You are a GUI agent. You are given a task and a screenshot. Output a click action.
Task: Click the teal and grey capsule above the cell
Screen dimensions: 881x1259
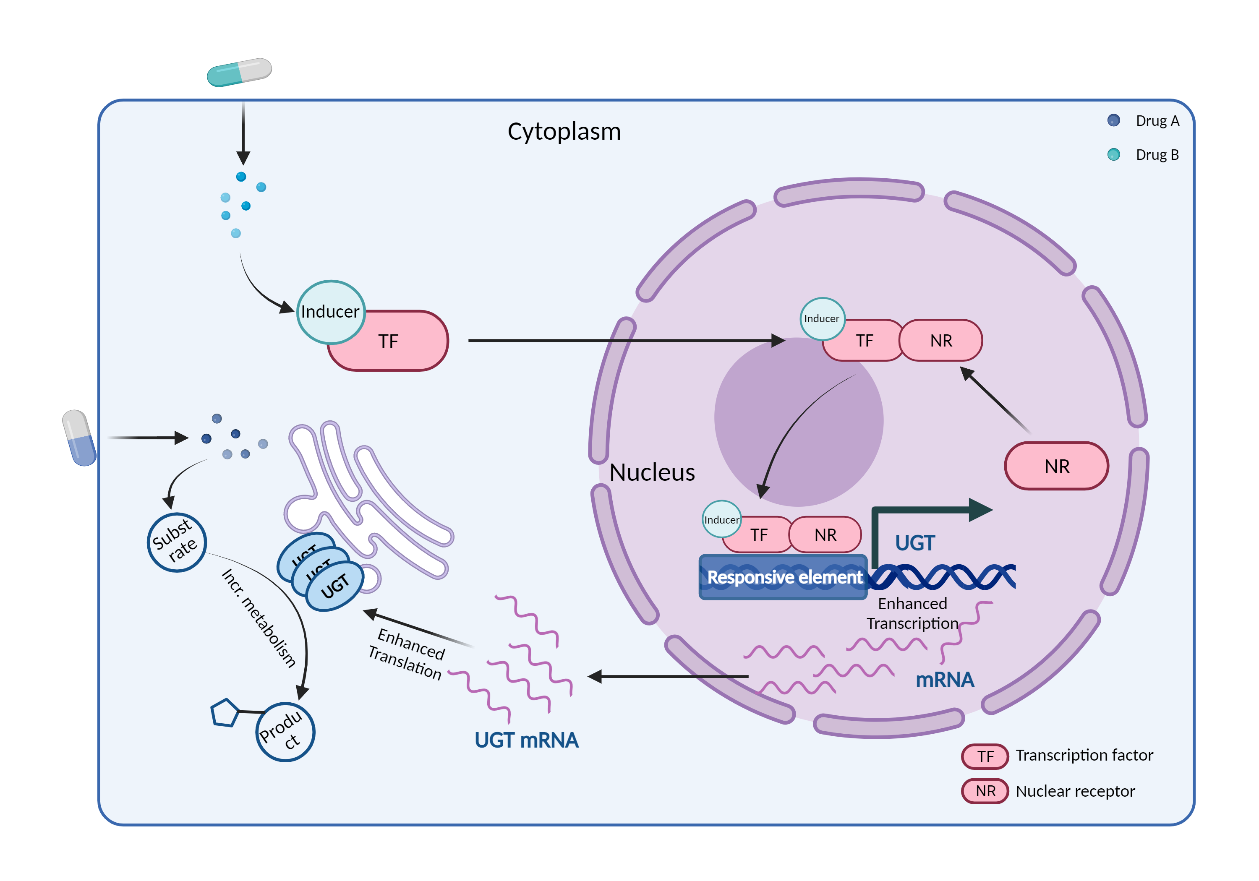tap(239, 72)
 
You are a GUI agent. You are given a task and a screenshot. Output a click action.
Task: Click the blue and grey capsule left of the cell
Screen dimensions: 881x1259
tap(79, 438)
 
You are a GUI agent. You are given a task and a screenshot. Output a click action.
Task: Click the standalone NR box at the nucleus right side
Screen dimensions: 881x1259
tap(1056, 466)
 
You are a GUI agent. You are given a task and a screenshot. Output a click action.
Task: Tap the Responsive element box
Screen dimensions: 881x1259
tap(783, 577)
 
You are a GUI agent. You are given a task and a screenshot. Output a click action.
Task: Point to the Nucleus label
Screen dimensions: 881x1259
tap(652, 472)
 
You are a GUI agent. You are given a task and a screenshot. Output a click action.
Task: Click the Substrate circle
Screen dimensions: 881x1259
tap(177, 542)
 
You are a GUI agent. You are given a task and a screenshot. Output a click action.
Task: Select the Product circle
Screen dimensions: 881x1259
tap(285, 732)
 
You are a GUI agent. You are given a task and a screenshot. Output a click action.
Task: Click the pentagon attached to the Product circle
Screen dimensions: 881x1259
tap(225, 713)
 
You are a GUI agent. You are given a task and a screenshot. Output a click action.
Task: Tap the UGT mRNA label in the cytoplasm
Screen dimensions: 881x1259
tap(526, 740)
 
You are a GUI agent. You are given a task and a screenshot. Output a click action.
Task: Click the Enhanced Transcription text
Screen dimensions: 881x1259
tap(912, 613)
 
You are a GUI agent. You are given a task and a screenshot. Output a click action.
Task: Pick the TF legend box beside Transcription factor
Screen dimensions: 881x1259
tap(985, 756)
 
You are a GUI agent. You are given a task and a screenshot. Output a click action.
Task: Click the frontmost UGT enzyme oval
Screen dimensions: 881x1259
tap(334, 586)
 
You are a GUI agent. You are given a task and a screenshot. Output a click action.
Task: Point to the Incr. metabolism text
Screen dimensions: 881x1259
tap(258, 618)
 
